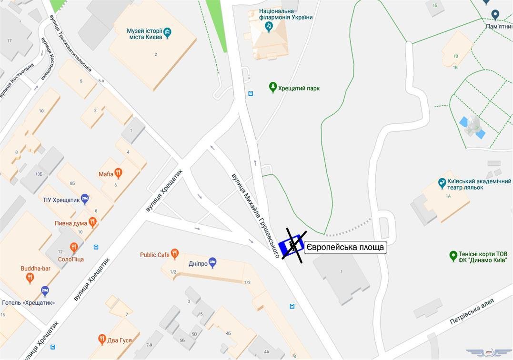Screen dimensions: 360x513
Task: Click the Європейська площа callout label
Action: (x=345, y=248)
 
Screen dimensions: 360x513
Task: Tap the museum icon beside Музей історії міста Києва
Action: (x=167, y=33)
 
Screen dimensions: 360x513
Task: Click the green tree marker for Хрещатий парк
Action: (x=273, y=87)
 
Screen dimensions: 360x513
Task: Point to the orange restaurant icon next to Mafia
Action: (x=119, y=173)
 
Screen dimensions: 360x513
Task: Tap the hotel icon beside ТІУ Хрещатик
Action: (x=85, y=199)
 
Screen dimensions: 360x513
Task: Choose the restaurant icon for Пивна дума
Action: (x=93, y=222)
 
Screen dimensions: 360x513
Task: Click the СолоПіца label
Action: (x=71, y=259)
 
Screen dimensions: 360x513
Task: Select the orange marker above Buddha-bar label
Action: (x=30, y=278)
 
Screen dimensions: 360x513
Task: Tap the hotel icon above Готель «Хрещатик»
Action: (x=45, y=290)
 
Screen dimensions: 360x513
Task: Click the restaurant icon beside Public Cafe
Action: (x=175, y=254)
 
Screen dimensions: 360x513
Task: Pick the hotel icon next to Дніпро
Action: (x=212, y=263)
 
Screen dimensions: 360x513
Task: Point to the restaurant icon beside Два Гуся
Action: (x=101, y=340)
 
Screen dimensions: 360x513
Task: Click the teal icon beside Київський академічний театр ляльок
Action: (x=442, y=182)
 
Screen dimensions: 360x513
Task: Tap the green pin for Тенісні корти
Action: (x=453, y=256)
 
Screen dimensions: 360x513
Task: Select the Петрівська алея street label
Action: (x=472, y=311)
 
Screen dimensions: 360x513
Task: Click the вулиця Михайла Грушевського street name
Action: (x=255, y=215)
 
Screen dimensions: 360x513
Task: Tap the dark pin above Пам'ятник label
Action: (x=495, y=15)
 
